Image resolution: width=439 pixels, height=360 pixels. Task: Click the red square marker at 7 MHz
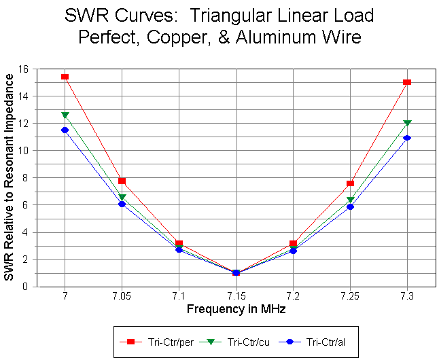pyautogui.click(x=65, y=77)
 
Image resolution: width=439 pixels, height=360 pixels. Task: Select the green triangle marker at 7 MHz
pyautogui.click(x=65, y=115)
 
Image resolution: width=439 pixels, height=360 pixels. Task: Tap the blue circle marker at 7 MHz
pyautogui.click(x=65, y=130)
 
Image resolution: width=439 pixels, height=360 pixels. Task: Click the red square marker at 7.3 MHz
pyautogui.click(x=407, y=82)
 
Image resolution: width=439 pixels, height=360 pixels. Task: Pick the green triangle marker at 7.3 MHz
pyautogui.click(x=407, y=124)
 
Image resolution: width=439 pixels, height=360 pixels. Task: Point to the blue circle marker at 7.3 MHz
pyautogui.click(x=407, y=138)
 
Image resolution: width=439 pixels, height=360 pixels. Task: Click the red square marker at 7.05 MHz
pyautogui.click(x=122, y=181)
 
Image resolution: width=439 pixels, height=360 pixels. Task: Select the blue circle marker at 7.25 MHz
pyautogui.click(x=350, y=206)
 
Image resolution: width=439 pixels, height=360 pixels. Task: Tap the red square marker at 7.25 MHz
pyautogui.click(x=350, y=183)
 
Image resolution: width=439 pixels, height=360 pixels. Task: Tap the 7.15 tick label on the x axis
pyautogui.click(x=236, y=297)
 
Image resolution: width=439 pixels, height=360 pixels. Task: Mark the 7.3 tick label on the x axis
pyautogui.click(x=407, y=297)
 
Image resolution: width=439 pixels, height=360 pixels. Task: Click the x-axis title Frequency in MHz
pyautogui.click(x=236, y=309)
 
